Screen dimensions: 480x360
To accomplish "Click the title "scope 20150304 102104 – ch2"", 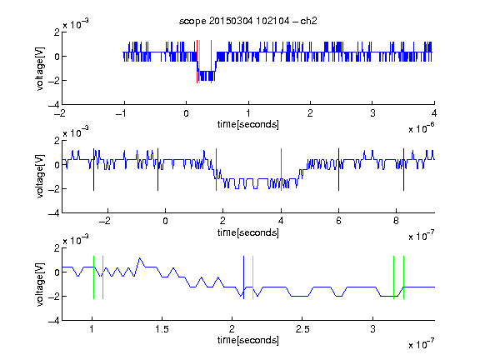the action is tap(247, 21).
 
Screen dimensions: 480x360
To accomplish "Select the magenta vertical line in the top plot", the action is tap(211, 62).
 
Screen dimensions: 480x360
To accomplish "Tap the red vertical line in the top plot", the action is tap(197, 62).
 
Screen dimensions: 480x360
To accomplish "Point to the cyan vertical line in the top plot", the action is tap(199, 62).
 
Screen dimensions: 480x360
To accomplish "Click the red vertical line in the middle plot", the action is tap(216, 170).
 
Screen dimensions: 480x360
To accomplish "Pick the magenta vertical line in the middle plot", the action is tap(281, 170).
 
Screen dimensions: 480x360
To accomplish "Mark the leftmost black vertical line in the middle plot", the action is tap(93, 170).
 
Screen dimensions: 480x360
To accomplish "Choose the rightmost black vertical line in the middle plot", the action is tap(403, 170).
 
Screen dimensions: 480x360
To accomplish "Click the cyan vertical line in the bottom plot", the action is tap(252, 277).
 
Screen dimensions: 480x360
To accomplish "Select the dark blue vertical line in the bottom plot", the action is tap(243, 277).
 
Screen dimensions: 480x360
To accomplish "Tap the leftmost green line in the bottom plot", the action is tap(93, 277).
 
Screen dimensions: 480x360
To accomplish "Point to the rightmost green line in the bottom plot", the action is tap(404, 277).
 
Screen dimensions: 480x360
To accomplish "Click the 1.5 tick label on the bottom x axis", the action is tap(162, 329).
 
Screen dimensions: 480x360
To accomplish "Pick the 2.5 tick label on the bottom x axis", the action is tap(302, 329).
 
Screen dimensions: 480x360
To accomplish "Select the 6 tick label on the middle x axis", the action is tap(338, 221).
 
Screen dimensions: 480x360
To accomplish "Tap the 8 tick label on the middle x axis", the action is tap(396, 221).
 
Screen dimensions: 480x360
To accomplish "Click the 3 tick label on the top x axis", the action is tap(372, 113).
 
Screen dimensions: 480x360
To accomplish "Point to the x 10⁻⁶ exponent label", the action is tap(422, 128).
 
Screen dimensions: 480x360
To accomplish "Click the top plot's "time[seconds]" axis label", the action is tap(248, 124).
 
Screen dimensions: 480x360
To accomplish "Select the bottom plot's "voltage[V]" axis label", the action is tap(40, 284).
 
